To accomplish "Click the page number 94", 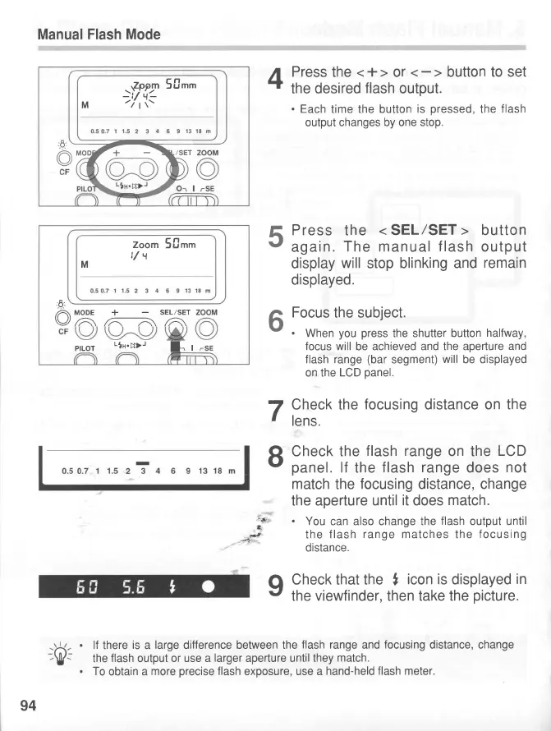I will coord(29,704).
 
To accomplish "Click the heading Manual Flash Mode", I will coord(99,34).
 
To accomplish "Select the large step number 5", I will coord(276,239).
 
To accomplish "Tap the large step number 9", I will coord(276,585).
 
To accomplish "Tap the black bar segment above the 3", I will coord(143,463).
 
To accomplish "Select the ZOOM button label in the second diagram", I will coord(207,312).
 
